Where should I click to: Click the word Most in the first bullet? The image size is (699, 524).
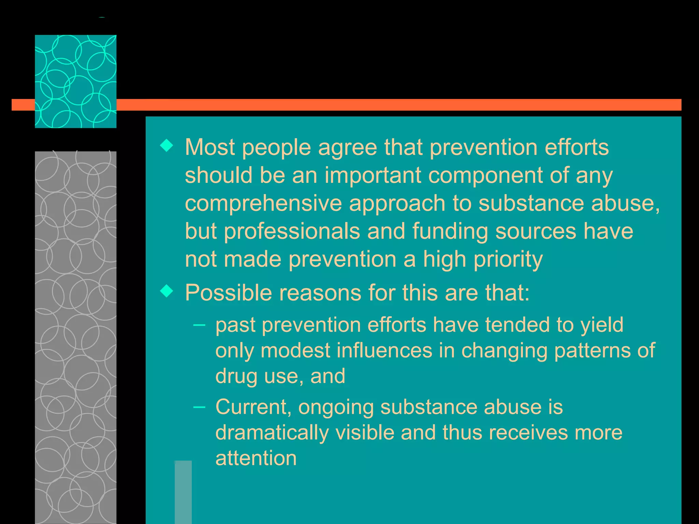pyautogui.click(x=210, y=147)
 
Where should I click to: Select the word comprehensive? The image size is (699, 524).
pyautogui.click(x=263, y=203)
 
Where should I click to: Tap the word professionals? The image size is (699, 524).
pyautogui.click(x=292, y=231)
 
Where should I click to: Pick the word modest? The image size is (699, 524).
pyautogui.click(x=296, y=350)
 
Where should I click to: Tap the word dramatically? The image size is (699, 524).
pyautogui.click(x=272, y=433)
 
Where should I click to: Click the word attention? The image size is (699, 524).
pyautogui.click(x=256, y=458)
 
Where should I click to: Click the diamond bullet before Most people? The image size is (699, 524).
pyautogui.click(x=167, y=146)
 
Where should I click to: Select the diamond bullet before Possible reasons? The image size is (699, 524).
pyautogui.click(x=167, y=291)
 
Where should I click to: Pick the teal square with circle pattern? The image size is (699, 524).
pyautogui.click(x=75, y=81)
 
